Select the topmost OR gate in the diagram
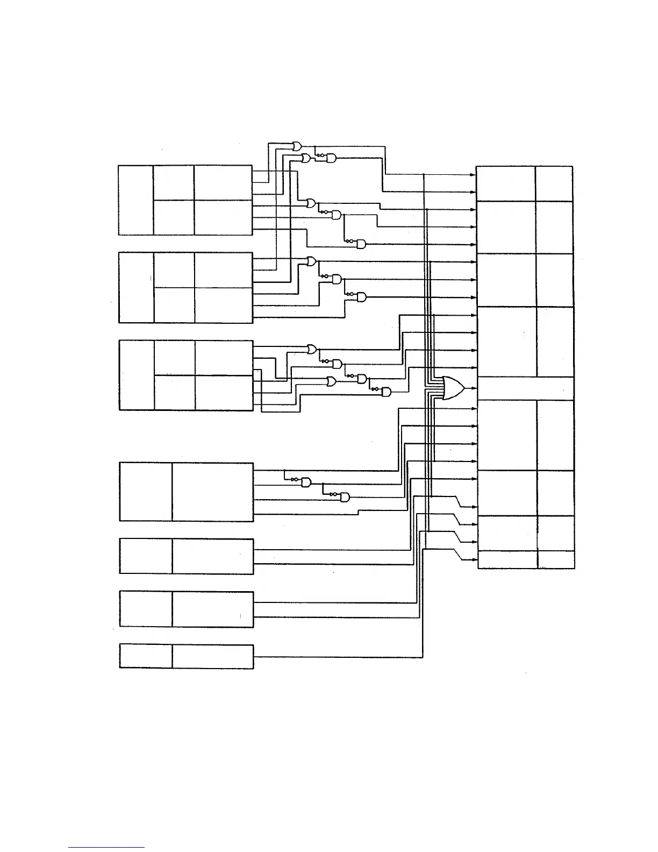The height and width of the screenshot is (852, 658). [297, 145]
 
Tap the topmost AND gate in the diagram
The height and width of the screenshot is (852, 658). [331, 158]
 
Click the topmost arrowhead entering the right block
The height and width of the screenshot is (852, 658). [474, 174]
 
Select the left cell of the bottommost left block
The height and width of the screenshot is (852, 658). [146, 656]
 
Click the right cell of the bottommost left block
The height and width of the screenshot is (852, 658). [212, 656]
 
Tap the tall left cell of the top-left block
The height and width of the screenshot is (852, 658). [136, 200]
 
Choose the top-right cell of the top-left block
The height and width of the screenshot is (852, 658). [223, 183]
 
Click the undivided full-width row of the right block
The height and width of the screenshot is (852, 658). [525, 388]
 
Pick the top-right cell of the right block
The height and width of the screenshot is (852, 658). [554, 183]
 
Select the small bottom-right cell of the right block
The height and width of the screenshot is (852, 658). [555, 559]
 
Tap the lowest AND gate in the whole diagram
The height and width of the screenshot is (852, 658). [345, 497]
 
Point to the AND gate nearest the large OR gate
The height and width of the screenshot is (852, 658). [386, 393]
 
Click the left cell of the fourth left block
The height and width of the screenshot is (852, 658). [146, 492]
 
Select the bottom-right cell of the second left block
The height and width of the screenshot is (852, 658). [224, 305]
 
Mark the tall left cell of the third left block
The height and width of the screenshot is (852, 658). [137, 375]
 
